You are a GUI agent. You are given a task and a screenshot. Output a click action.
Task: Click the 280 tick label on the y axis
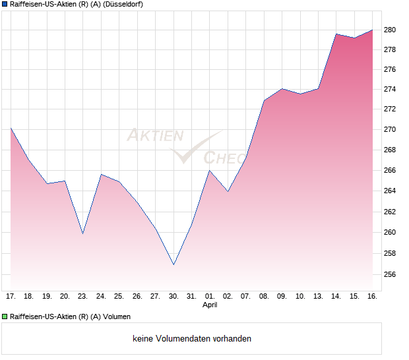(391, 30)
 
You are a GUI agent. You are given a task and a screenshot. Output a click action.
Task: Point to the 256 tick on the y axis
(391, 274)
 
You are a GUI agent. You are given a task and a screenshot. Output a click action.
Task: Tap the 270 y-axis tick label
(391, 129)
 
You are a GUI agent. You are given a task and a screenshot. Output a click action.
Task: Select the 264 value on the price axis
(391, 191)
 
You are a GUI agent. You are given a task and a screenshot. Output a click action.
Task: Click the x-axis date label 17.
(11, 296)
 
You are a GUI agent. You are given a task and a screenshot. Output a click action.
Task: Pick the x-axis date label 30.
(173, 296)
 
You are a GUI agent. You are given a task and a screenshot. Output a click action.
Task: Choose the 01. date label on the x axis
(210, 296)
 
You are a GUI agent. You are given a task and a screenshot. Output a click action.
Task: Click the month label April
(210, 305)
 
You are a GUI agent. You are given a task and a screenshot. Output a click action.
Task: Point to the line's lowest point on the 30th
(173, 264)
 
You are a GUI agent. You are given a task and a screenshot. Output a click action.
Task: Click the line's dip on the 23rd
(82, 233)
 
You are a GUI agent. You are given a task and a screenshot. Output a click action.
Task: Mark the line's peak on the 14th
(336, 34)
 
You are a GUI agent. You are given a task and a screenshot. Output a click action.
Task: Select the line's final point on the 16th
(373, 30)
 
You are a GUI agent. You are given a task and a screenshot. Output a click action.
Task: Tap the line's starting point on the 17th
(11, 128)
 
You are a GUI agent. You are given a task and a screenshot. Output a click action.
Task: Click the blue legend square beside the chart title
(5, 4)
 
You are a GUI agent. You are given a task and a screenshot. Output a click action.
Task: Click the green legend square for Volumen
(5, 316)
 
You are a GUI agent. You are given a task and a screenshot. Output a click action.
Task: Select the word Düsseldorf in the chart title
(123, 4)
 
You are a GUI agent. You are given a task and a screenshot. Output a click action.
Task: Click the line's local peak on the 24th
(101, 174)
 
